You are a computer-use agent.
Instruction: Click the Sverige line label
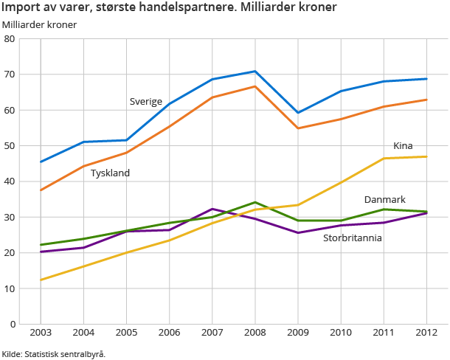[145, 102]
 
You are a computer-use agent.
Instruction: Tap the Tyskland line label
[110, 173]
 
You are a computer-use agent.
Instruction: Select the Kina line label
[403, 145]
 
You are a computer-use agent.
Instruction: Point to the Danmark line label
[385, 200]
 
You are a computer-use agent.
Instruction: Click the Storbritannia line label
[353, 238]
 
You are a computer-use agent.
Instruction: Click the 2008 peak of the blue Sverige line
[255, 72]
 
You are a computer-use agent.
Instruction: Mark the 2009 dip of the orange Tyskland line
[297, 128]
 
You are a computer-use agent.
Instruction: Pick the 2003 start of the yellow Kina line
[41, 280]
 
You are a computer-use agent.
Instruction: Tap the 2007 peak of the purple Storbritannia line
[212, 209]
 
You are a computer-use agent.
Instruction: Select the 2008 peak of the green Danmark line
[255, 202]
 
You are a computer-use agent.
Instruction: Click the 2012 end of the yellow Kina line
[426, 156]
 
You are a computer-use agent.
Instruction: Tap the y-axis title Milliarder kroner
[39, 24]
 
